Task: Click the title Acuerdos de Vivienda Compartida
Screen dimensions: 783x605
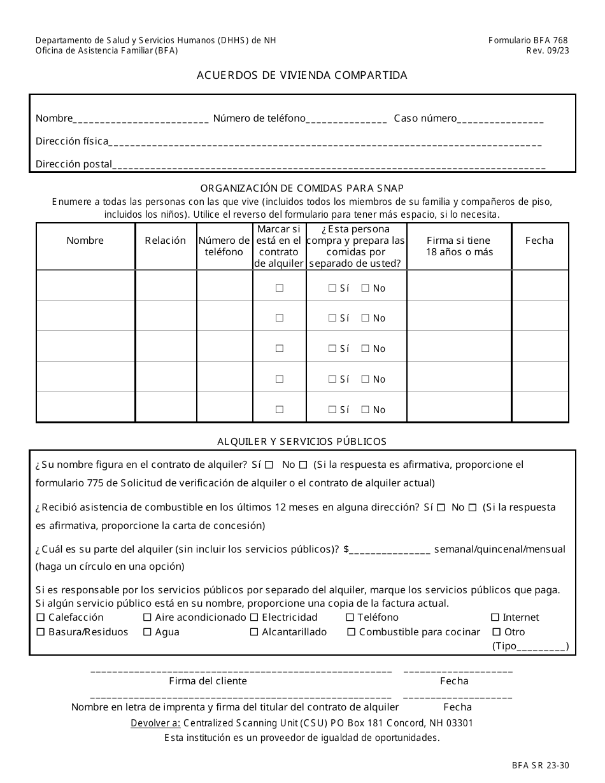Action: tap(302, 75)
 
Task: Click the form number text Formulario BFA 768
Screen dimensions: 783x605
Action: tap(529, 40)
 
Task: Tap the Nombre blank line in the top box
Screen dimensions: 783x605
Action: tap(141, 119)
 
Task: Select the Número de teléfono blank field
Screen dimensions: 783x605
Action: tap(346, 119)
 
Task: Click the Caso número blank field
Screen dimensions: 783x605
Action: tap(501, 119)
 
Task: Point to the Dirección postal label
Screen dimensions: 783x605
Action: tap(73, 164)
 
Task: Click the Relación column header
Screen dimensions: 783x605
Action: tap(166, 241)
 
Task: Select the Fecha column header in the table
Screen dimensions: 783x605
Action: tap(539, 241)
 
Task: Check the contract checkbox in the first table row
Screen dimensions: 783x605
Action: tap(279, 288)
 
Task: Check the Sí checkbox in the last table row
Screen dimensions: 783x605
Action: tap(332, 410)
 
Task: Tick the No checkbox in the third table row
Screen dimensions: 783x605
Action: tap(366, 349)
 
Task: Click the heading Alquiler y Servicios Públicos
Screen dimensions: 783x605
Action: tap(302, 441)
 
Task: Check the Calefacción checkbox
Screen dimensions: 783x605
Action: tap(41, 617)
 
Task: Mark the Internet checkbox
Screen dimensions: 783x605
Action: tap(495, 617)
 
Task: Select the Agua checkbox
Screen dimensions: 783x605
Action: tap(147, 632)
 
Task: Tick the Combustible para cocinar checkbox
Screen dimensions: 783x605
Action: tap(351, 632)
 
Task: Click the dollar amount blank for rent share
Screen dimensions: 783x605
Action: tap(390, 550)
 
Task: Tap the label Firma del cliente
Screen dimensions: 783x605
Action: tap(208, 681)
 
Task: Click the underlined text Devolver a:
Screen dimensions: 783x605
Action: tap(155, 723)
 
